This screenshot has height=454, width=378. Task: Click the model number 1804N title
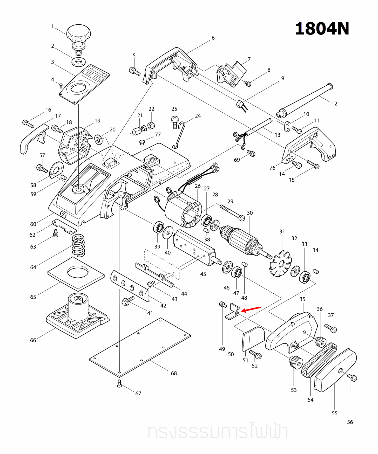pyautogui.click(x=322, y=29)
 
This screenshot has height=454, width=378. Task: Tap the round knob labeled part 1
pyautogui.click(x=78, y=33)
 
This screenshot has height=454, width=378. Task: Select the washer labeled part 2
pyautogui.click(x=79, y=62)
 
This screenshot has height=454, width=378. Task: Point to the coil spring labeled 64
pyautogui.click(x=78, y=245)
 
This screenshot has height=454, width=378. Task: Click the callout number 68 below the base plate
pyautogui.click(x=174, y=373)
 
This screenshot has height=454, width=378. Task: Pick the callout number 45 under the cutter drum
pyautogui.click(x=203, y=274)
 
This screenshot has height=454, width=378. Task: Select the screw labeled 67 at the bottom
pyautogui.click(x=119, y=383)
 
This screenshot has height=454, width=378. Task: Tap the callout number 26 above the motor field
pyautogui.click(x=198, y=186)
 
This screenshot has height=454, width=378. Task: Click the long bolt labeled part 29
pyautogui.click(x=232, y=212)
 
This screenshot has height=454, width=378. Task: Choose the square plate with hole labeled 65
pyautogui.click(x=76, y=274)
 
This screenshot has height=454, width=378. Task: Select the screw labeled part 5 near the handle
pyautogui.click(x=134, y=71)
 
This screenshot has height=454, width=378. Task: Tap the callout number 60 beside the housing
pyautogui.click(x=33, y=224)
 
